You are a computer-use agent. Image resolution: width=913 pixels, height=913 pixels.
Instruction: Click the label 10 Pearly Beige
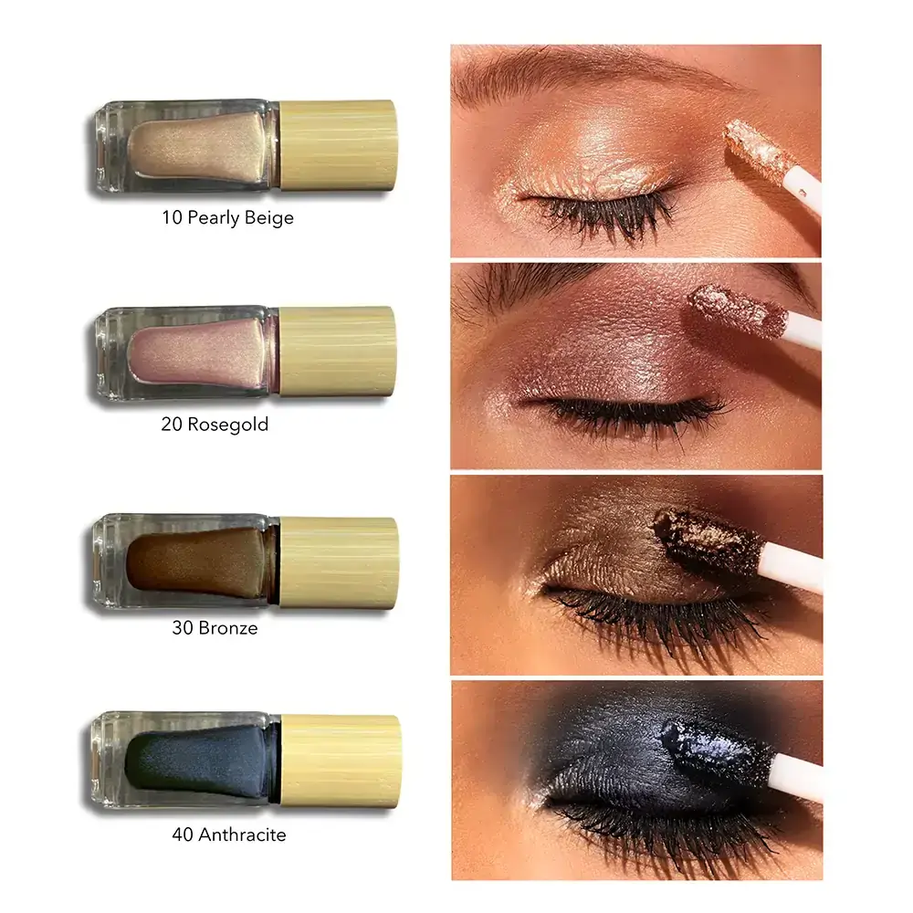pos(227,218)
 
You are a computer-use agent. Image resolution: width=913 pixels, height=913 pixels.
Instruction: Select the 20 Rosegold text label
pos(215,424)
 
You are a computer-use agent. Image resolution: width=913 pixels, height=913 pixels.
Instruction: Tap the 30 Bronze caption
pos(215,628)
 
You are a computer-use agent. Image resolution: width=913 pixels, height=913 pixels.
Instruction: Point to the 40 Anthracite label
pos(229,834)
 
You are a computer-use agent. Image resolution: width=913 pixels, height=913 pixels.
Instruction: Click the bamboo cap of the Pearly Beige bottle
pos(339,145)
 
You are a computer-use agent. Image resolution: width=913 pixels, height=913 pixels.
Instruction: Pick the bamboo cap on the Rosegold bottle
pos(338,352)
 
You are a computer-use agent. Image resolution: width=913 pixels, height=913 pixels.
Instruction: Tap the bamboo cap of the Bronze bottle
pos(339,562)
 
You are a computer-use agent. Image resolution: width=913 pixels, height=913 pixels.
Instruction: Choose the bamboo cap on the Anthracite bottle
pos(341,761)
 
